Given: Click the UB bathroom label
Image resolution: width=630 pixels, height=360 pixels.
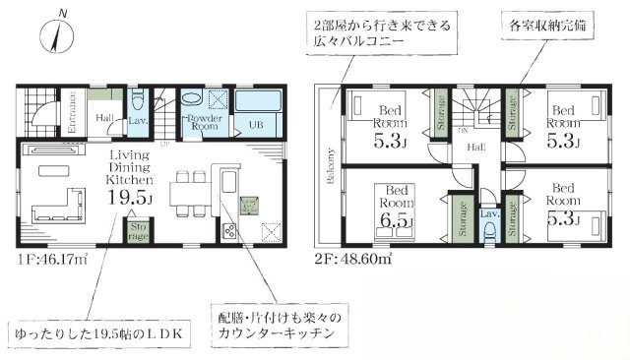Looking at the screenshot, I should (x=255, y=126).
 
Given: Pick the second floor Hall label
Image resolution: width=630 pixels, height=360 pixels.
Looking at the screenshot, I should (x=475, y=147).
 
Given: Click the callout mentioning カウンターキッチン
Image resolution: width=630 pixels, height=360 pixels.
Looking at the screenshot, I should (x=282, y=327).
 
